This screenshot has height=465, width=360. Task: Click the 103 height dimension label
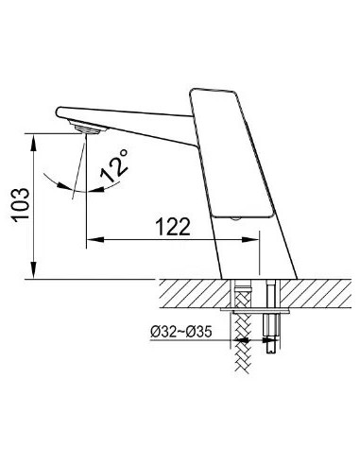point(21,205)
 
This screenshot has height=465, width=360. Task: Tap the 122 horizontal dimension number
point(173,227)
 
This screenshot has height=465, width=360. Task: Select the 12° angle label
point(115,165)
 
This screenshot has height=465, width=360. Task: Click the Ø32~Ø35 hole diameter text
point(181,332)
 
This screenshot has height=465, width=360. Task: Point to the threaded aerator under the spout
point(87,129)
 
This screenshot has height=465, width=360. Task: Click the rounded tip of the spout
point(59,112)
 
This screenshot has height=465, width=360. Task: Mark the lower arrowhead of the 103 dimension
point(34,270)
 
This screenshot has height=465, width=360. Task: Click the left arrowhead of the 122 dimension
point(94,240)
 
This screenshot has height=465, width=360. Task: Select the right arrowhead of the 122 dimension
point(250,240)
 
